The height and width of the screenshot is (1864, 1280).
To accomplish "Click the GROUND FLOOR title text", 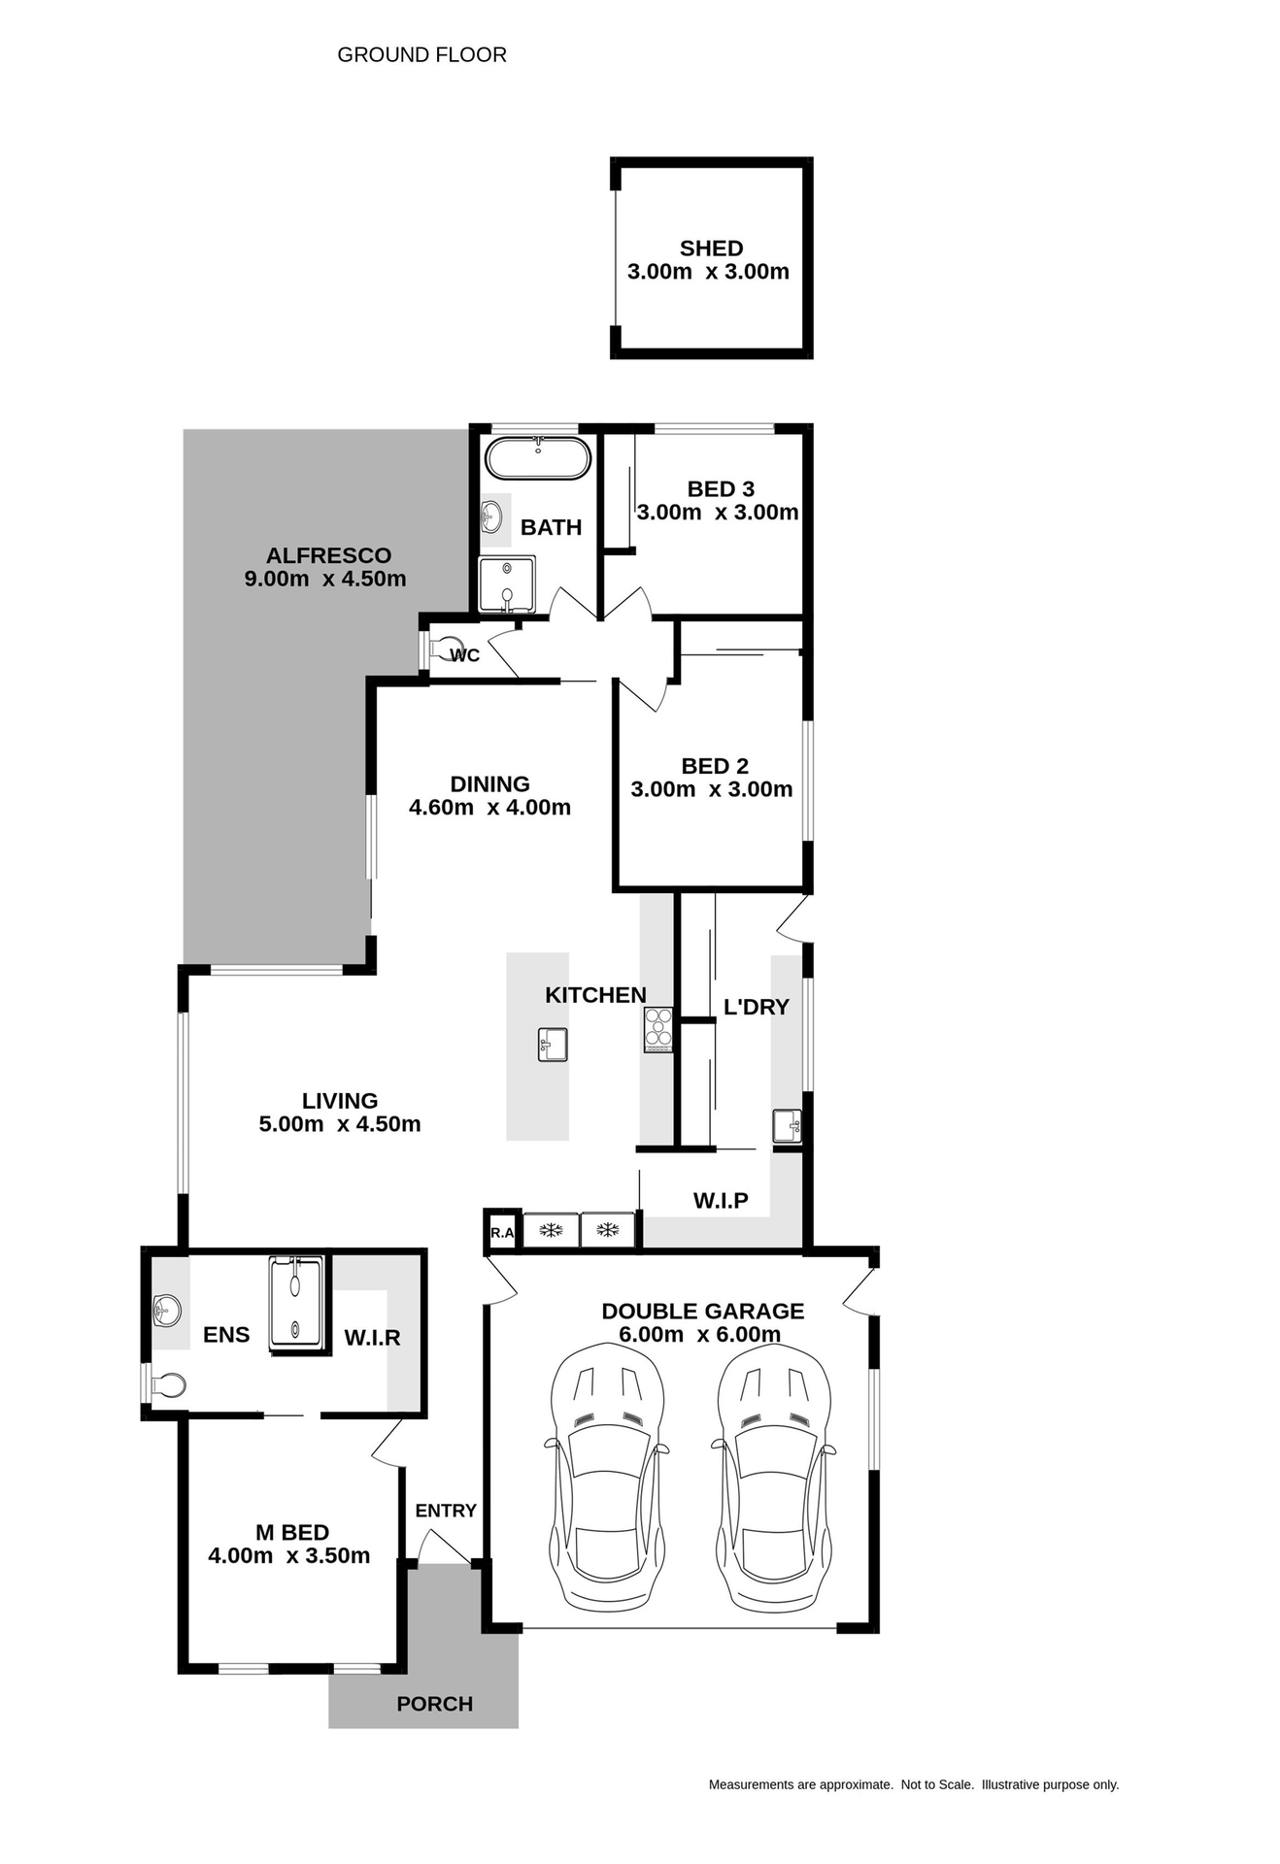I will click(421, 55).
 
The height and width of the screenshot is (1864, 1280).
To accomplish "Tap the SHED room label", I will click(711, 249).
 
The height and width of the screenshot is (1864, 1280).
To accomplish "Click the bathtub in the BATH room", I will click(537, 458).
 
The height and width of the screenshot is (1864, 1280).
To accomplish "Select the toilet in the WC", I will click(449, 648).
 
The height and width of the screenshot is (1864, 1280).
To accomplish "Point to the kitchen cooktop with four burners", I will click(658, 1030).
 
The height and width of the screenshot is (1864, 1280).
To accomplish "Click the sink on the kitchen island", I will click(553, 1045).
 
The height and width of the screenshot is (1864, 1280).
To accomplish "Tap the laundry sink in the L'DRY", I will click(787, 1126).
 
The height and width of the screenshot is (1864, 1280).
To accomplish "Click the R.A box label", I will click(502, 1233).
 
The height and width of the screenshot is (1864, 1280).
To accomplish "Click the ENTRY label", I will click(446, 1511).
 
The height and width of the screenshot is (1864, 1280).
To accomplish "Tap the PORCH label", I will click(434, 1704).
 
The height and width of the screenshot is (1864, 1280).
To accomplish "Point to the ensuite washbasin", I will click(167, 1311).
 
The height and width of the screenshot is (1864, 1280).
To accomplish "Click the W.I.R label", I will click(372, 1338).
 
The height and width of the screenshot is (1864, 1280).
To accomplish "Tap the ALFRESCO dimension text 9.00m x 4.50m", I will click(325, 580).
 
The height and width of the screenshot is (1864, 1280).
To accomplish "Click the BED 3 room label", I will click(721, 489).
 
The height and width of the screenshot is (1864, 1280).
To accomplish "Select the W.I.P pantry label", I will click(721, 1201).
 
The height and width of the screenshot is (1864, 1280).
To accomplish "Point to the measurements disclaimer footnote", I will click(913, 1784).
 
